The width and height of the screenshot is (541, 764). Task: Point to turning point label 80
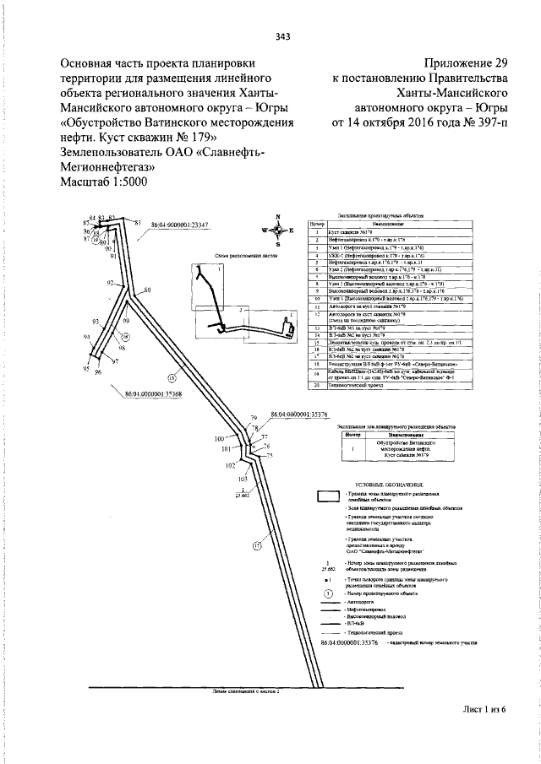coord(147,290)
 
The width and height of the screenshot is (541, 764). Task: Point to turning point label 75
coord(270,456)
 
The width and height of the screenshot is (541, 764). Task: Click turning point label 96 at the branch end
coord(98,372)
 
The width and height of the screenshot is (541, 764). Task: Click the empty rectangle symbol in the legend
coord(327,496)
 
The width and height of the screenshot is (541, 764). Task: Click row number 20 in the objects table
coord(314,385)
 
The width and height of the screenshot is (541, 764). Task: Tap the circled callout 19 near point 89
coord(95,241)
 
